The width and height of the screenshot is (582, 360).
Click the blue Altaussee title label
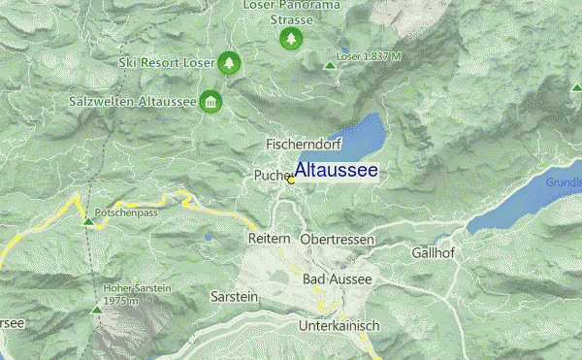[336, 171]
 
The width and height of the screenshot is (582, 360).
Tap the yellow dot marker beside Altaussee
[291, 180]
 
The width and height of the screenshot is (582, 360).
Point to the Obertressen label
[336, 239]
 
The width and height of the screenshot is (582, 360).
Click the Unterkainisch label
[337, 324]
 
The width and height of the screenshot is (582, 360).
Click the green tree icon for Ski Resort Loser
[228, 63]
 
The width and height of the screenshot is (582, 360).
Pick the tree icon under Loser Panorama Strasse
[290, 39]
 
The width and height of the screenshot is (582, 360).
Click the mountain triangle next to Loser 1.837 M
[330, 65]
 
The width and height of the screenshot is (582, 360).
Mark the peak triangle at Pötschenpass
[89, 222]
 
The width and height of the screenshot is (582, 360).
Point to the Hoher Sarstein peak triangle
[95, 310]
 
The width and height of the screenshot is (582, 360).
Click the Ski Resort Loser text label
[166, 63]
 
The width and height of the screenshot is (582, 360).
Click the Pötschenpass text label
[127, 212]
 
